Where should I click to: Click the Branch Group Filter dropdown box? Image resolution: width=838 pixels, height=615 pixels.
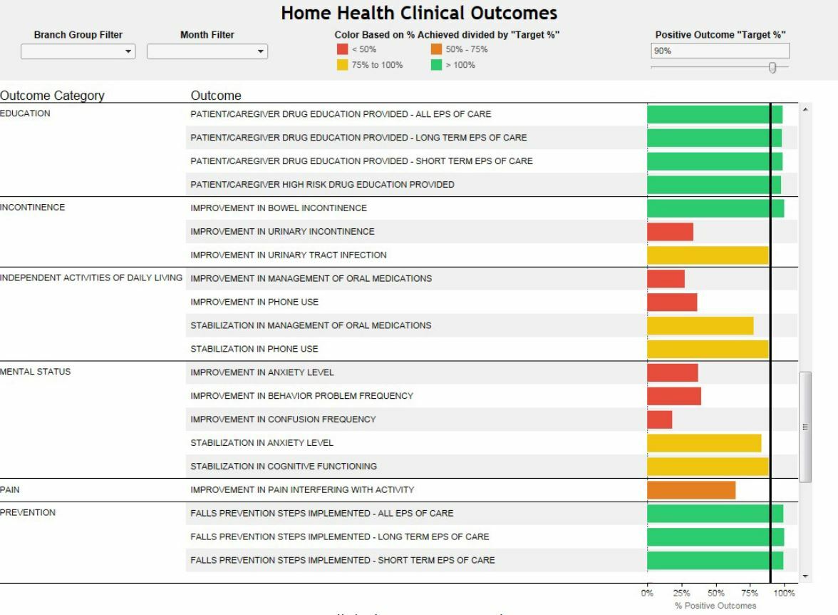pos(78,51)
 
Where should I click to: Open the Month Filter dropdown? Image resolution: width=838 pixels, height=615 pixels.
pos(207,51)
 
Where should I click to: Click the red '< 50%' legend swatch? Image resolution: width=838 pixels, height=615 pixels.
pos(342,49)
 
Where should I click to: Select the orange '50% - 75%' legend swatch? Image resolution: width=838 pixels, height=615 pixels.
pos(436,49)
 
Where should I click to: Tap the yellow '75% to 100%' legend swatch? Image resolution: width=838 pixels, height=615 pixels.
pos(342,65)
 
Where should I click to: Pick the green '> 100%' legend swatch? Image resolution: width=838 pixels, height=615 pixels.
pos(436,65)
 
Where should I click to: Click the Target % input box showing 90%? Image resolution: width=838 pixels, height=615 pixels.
pos(720,51)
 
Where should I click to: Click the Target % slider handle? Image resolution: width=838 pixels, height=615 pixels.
pos(772,67)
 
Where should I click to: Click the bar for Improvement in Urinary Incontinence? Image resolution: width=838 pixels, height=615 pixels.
pos(670,232)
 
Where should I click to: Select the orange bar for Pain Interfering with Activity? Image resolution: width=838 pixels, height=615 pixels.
pos(691,490)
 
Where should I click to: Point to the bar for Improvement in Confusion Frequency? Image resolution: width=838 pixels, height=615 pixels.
pos(659,420)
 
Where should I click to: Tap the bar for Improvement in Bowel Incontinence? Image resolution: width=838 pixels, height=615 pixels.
pos(715,208)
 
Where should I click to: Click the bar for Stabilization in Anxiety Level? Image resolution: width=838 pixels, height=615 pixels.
pos(704,443)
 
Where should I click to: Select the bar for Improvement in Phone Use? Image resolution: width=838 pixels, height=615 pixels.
pos(672,303)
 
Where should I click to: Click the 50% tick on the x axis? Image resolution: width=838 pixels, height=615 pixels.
pos(715,593)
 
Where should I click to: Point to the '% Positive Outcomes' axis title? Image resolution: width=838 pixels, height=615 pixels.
pos(715,606)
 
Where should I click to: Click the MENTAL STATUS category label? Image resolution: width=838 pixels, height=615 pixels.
pos(36,372)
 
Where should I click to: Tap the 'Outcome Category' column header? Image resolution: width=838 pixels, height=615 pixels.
pos(52,96)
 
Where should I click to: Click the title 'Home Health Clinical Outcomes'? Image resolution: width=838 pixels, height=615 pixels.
pos(419,13)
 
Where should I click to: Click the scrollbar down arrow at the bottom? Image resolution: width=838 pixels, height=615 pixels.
pos(806,576)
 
